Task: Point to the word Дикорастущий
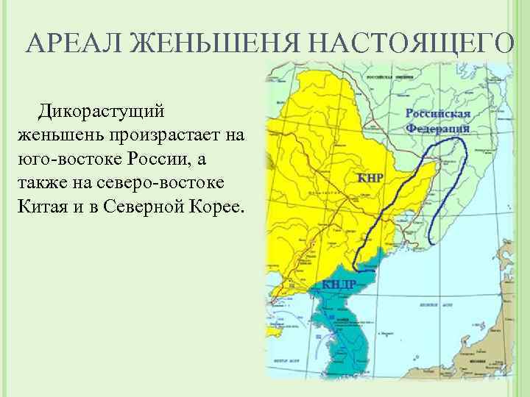click(103, 113)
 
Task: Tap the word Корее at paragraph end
click(220, 203)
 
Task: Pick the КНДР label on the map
click(339, 285)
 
